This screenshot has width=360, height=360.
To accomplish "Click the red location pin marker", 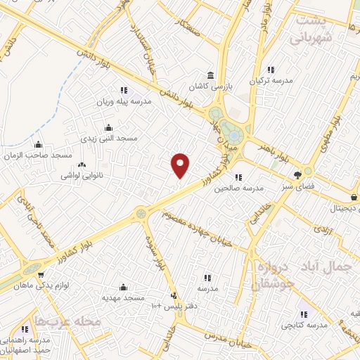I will pos(181,165).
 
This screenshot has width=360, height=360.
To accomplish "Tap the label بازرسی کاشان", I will pos(209,86).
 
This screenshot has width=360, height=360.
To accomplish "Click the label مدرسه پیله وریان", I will pos(127,101).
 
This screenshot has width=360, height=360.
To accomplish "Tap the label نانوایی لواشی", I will pos(82,174).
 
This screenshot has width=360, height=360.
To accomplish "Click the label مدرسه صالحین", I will pos(238,188).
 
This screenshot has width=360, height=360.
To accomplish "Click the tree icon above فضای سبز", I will pos(299,174).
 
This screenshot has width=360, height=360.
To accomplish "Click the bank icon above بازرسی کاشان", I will pos(209,75).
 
